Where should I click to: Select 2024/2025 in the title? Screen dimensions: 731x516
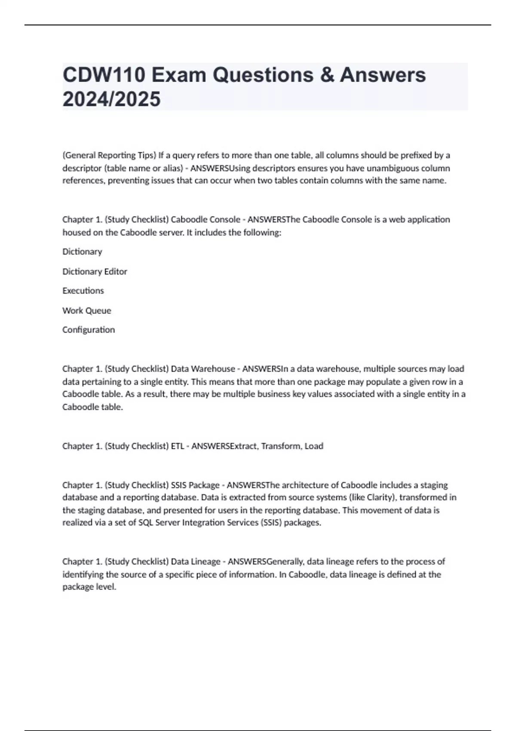(111, 99)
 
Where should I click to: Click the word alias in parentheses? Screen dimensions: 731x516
(172, 168)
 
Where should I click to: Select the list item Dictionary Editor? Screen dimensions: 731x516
(95, 271)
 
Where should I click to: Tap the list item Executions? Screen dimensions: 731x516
(83, 291)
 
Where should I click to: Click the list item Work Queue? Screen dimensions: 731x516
(86, 310)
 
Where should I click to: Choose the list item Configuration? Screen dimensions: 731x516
(89, 330)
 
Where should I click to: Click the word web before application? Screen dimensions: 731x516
(397, 219)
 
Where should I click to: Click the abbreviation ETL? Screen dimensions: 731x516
(178, 446)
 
